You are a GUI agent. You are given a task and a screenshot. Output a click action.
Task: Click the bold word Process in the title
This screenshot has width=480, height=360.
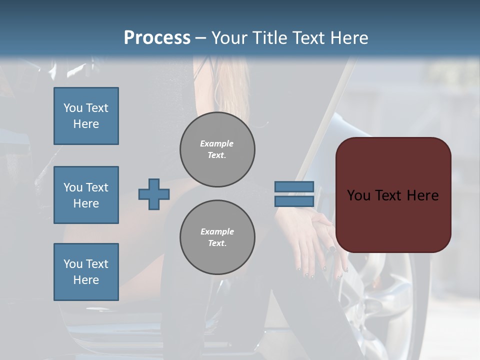[x=157, y=37]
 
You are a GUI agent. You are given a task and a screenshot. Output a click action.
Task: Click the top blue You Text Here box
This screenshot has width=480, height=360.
[x=86, y=116]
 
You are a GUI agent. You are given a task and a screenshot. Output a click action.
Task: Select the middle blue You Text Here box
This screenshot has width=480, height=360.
[x=86, y=195]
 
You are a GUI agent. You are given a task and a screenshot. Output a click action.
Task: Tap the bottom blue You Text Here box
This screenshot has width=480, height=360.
[x=86, y=272]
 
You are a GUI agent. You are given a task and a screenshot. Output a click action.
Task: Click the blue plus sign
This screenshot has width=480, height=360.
[x=154, y=194]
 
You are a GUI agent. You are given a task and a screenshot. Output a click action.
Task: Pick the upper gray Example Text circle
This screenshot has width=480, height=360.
[x=217, y=149]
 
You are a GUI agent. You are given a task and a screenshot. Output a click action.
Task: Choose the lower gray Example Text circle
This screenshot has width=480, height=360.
[x=217, y=237]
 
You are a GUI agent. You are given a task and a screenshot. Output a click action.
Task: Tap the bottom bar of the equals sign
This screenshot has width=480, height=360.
[x=294, y=201]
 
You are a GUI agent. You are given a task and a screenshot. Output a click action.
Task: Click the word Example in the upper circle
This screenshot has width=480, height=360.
[x=217, y=143]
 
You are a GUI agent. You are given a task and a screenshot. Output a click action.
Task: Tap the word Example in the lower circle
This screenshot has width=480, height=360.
[x=217, y=231]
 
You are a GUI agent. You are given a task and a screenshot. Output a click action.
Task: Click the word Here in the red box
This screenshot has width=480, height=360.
[x=422, y=195]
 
